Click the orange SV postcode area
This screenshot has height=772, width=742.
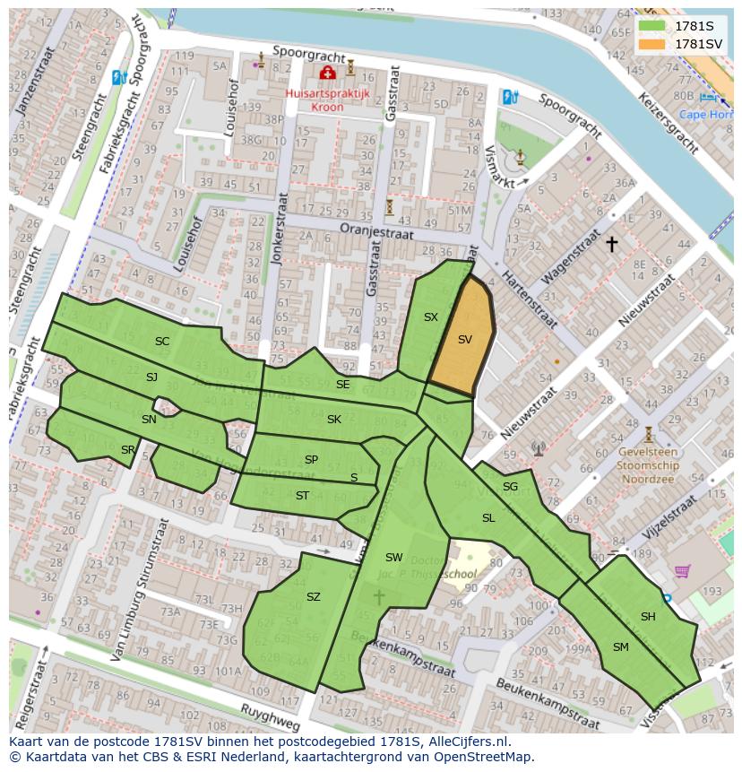462,340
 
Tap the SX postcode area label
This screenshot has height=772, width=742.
431,317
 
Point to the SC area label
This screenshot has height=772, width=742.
162,341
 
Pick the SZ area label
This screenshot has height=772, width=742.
313,597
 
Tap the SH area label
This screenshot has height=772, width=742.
648,616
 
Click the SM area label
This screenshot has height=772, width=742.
620,646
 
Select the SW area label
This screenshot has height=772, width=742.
394,558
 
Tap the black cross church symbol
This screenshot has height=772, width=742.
612,243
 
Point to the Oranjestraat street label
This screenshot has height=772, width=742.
376,231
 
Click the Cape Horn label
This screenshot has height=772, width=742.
705,114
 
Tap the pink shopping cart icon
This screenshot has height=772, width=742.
683,570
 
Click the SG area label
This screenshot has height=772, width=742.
510,487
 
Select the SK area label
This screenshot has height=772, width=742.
334,420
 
